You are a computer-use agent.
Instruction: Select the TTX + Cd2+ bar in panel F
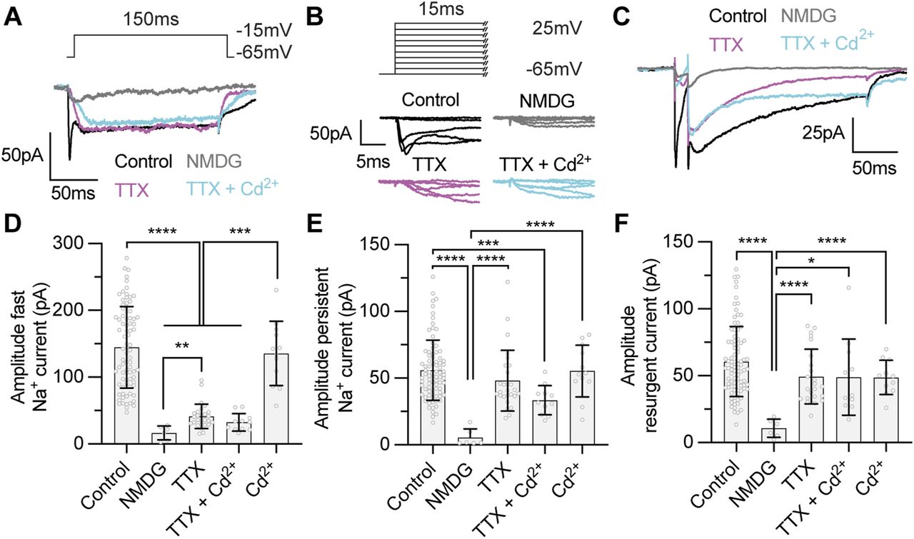click(848, 410)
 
